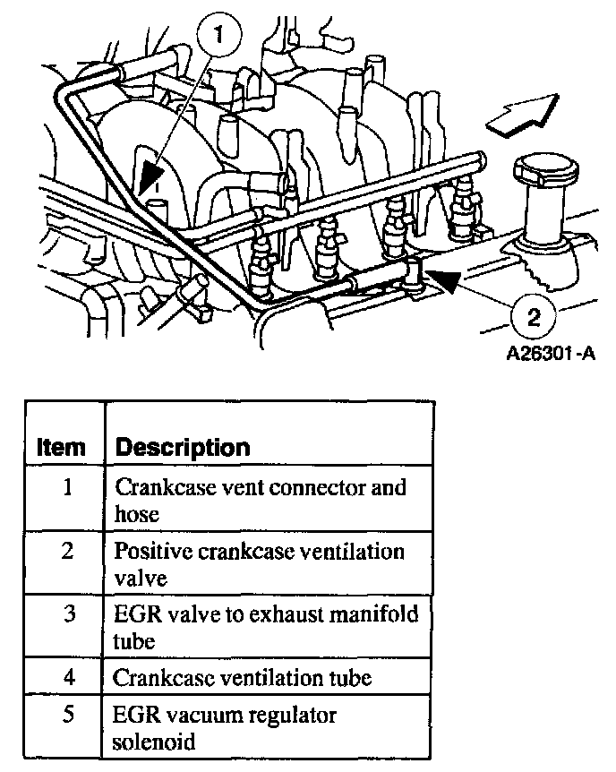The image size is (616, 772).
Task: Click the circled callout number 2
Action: pos(534,315)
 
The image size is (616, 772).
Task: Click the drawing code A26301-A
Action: pos(551,354)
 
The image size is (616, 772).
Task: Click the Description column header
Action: pos(184,447)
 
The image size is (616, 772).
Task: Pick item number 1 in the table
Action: pos(67,488)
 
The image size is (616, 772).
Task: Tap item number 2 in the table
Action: pos(67,551)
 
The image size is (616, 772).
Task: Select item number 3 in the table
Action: pos(67,614)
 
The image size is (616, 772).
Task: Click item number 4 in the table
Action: pos(67,678)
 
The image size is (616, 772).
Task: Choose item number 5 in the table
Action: pos(67,716)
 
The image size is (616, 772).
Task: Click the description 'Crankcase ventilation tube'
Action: pos(242,678)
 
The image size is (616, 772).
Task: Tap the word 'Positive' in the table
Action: pos(146,551)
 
